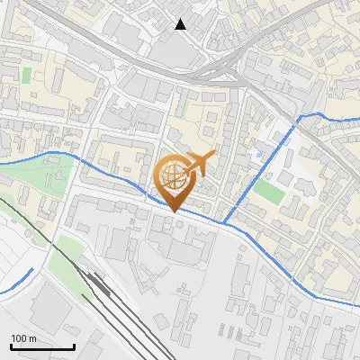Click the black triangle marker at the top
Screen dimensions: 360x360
point(181,24)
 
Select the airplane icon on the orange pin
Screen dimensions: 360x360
point(201,163)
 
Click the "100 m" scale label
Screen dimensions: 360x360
point(24,338)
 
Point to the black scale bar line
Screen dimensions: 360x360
point(42,346)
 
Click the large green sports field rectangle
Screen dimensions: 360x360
point(268,191)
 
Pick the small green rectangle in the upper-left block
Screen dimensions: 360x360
point(27,74)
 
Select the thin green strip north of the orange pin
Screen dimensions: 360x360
point(184,106)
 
